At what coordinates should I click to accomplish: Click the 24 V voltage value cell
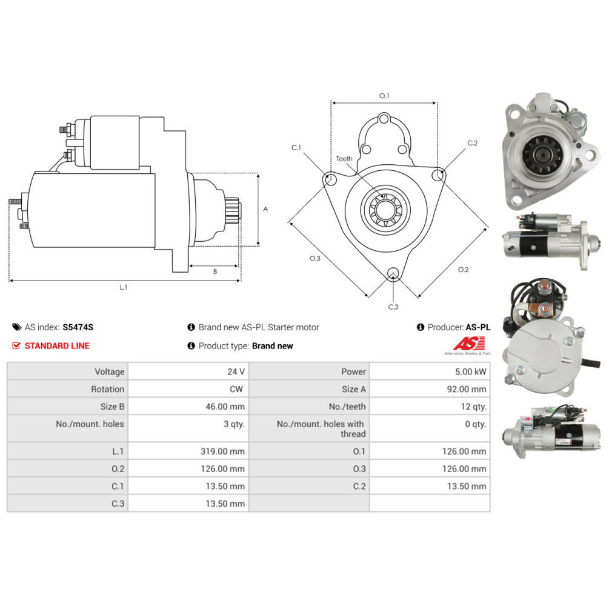point(237,371)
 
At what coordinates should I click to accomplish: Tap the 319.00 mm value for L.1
point(225,451)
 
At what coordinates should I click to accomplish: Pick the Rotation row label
point(107,389)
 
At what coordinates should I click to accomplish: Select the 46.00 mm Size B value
point(225,407)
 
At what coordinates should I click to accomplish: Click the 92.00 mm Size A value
point(466,389)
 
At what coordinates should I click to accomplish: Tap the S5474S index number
point(78,327)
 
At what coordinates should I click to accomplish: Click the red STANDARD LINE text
point(56,346)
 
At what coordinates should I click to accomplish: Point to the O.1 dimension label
point(384,96)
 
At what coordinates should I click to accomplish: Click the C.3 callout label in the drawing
point(393,307)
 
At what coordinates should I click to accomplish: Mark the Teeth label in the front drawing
point(344,159)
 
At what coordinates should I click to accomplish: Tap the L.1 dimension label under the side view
point(123,287)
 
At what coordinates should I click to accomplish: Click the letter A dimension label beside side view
point(265,208)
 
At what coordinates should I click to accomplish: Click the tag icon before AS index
point(16,327)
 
